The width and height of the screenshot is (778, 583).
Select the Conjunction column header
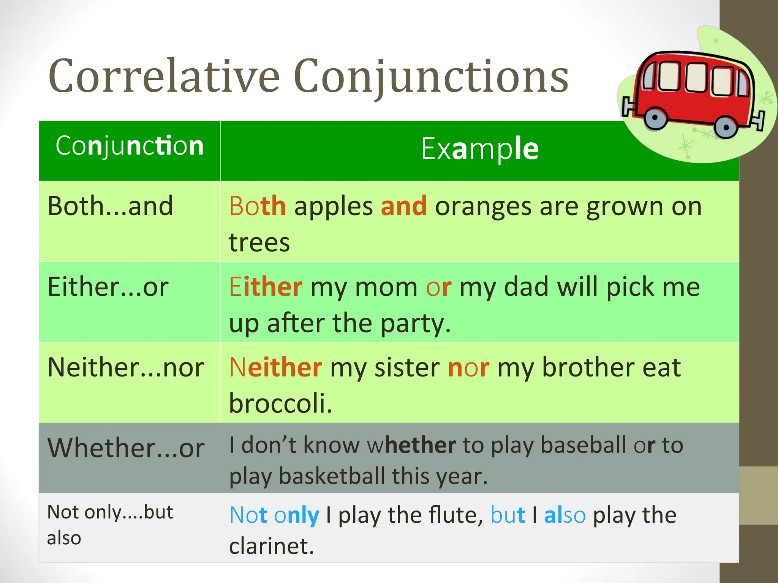(x=130, y=146)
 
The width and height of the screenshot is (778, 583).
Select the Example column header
(x=480, y=149)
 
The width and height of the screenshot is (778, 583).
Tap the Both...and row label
(x=110, y=206)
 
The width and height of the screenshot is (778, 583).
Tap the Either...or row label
(x=108, y=287)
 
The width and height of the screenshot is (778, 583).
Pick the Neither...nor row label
(x=126, y=367)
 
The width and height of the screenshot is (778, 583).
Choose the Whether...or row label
(x=126, y=448)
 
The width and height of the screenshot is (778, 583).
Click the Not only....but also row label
(x=110, y=525)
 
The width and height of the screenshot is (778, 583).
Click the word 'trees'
(x=259, y=243)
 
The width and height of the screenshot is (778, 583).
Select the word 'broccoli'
(x=280, y=403)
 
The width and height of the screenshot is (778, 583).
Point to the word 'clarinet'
(x=271, y=546)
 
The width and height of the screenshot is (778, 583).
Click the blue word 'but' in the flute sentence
(x=508, y=515)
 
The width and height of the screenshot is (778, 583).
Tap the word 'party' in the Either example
(x=415, y=324)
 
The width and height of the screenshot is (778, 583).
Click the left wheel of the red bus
(x=655, y=118)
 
